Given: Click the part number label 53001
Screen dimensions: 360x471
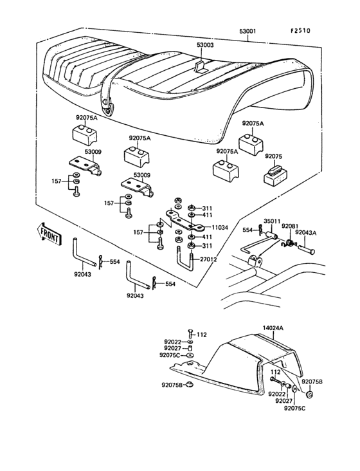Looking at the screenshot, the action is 248,32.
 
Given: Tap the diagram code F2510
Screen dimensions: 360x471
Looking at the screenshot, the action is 300,31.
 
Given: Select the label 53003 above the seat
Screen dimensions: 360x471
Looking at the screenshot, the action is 205,45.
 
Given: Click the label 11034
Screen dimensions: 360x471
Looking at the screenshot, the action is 219,228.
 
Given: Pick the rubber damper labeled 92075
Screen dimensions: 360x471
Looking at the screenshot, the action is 275,176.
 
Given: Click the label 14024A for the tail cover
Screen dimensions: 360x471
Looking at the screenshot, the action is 273,328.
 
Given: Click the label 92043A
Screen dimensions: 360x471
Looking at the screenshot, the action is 305,232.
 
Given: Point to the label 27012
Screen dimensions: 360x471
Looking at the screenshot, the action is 208,259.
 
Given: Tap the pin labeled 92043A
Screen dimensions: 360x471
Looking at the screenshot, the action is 306,249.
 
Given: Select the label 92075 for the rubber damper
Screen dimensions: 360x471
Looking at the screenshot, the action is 273,157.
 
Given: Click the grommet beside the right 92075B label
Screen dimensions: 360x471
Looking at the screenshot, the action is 310,394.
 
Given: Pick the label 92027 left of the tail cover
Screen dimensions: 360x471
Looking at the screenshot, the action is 172,348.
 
